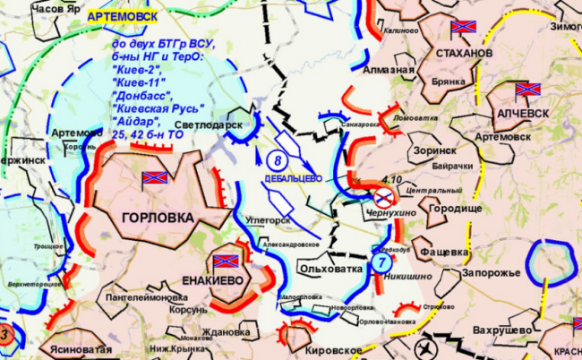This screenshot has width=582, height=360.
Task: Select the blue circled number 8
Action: pyautogui.click(x=277, y=161)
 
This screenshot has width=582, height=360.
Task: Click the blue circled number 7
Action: pyautogui.click(x=381, y=262)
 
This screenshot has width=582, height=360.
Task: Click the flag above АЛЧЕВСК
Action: pyautogui.click(x=528, y=91)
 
